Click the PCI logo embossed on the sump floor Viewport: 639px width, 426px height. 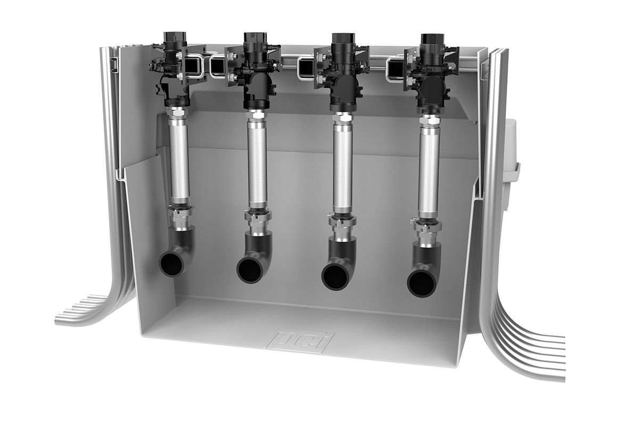pyautogui.click(x=301, y=341)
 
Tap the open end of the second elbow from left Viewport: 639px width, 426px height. pyautogui.click(x=249, y=270)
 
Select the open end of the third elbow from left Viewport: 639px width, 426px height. pyautogui.click(x=334, y=277)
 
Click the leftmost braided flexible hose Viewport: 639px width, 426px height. pyautogui.click(x=179, y=160)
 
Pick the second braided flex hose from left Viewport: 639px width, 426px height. pyautogui.click(x=257, y=162)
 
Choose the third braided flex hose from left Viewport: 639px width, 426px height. pyautogui.click(x=341, y=165)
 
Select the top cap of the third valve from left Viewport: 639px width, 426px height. pyautogui.click(x=342, y=39)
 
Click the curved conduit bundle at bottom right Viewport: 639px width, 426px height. pyautogui.click(x=527, y=341)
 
